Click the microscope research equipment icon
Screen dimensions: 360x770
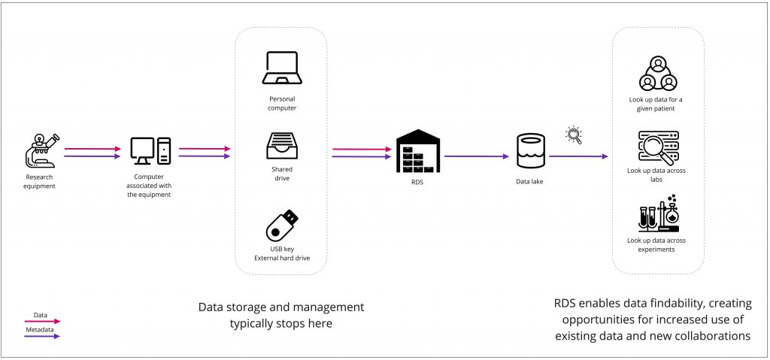(41, 150)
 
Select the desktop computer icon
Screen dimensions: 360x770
(150, 151)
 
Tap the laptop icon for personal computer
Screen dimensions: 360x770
(283, 69)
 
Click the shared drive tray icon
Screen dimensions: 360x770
(282, 145)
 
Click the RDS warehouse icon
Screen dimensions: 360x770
(417, 152)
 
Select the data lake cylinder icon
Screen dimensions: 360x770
(529, 151)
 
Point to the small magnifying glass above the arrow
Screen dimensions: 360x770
(574, 135)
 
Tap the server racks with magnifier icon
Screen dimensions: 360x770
(658, 147)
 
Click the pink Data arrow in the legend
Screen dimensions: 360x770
(42, 321)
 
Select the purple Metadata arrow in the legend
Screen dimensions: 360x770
(42, 336)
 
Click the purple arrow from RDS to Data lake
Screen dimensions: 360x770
(475, 156)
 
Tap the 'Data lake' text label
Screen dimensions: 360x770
(529, 182)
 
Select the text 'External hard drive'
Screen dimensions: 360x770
(282, 259)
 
